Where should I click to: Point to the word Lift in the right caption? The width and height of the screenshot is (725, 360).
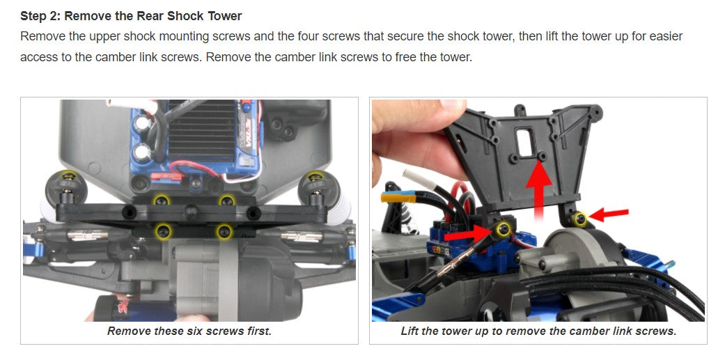click(410, 331)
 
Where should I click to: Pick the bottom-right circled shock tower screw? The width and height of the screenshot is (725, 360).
click(225, 231)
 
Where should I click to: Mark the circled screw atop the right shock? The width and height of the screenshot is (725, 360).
click(315, 177)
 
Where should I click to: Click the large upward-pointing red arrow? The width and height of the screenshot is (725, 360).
click(538, 190)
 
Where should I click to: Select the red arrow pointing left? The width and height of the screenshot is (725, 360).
click(609, 214)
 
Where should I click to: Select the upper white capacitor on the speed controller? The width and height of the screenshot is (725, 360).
click(141, 123)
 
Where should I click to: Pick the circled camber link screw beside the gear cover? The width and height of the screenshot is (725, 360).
click(578, 219)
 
